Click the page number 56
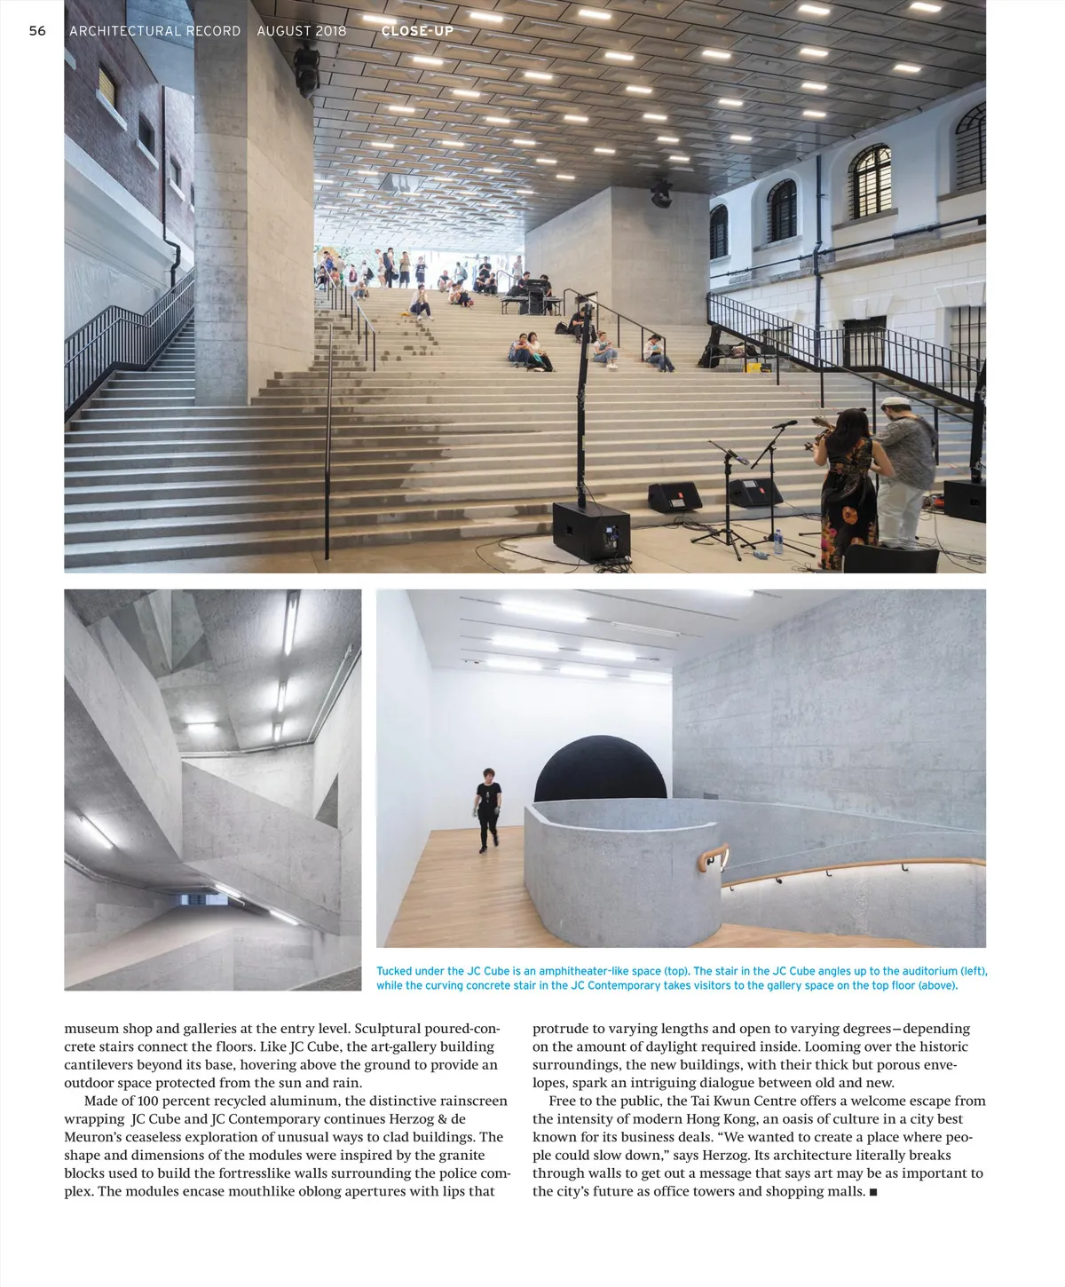point(37,31)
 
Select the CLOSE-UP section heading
point(417,31)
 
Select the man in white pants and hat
point(903,470)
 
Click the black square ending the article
point(873,1192)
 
